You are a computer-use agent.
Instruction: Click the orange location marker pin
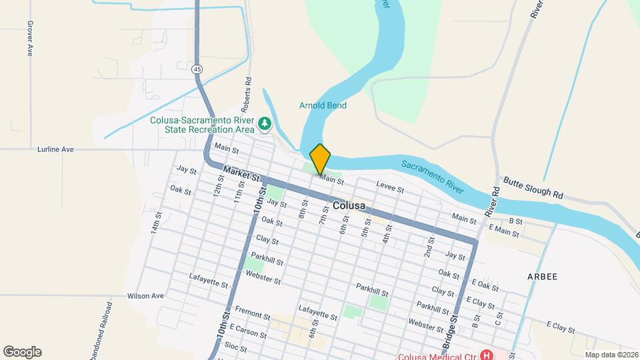[320, 159]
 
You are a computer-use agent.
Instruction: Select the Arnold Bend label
[323, 105]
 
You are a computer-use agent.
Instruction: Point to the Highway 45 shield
[197, 69]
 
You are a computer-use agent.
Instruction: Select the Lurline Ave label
[55, 149]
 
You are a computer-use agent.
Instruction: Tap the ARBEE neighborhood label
[542, 275]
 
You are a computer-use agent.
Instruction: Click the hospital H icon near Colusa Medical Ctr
[487, 355]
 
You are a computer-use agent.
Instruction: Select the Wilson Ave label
[145, 295]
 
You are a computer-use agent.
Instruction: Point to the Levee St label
[390, 189]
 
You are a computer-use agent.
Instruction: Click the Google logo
[22, 351]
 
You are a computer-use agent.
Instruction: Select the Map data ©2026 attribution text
[611, 354]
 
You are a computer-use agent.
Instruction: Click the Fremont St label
[253, 315]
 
